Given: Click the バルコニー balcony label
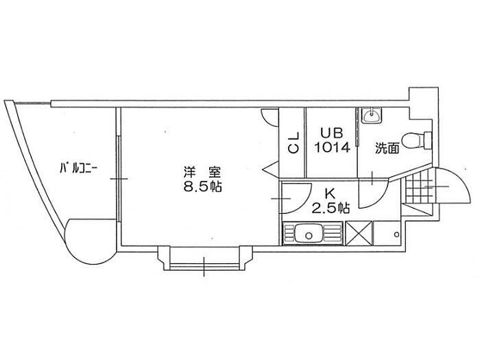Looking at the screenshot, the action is pos(78,169).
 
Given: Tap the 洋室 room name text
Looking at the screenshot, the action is pos(202,172).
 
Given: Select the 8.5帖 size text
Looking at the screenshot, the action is pos(202,187).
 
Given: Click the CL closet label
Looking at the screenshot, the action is pos(293,143).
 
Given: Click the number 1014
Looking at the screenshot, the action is pos(332,148).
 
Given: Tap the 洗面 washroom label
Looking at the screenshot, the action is pos(387,149).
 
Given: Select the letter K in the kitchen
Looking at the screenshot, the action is pos(330,194).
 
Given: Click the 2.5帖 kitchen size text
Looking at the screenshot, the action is pos(331,208).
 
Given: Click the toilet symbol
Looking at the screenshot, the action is pos(416,140).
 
